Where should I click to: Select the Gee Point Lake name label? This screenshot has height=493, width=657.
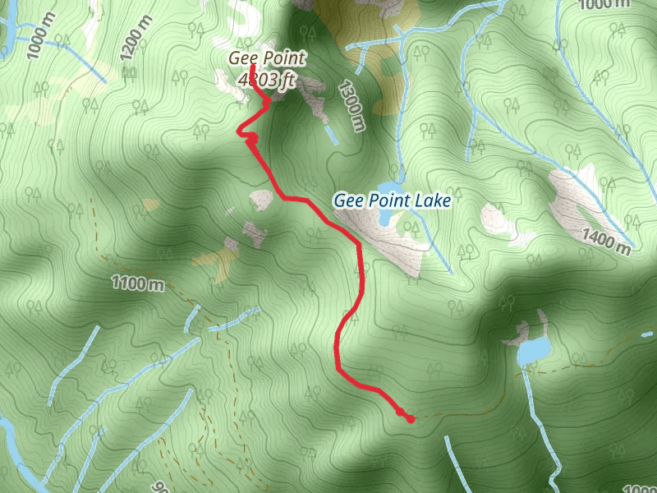pos(392,199)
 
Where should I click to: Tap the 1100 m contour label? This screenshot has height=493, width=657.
pos(138,284)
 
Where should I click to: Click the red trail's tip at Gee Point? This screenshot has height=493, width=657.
pos(254,66)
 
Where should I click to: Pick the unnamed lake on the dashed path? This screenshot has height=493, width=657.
pos(534,351)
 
